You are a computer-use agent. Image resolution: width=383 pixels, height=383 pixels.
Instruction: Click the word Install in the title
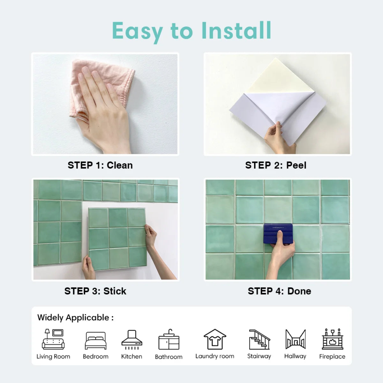tap(236, 31)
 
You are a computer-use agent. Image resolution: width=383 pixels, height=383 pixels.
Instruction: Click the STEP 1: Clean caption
tap(100, 165)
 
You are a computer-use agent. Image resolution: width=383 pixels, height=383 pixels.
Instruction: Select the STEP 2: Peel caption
tap(276, 165)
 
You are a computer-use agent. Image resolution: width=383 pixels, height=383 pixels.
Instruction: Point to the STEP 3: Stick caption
tap(95, 291)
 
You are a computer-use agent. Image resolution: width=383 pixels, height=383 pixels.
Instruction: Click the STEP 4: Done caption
tap(279, 291)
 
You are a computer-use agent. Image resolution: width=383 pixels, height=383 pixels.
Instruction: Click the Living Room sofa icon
tap(53, 339)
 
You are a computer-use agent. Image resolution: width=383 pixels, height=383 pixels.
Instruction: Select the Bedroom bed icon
tap(95, 341)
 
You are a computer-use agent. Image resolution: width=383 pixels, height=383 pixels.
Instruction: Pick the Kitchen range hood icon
tap(131, 340)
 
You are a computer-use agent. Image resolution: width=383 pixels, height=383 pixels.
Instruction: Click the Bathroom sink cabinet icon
tap(169, 340)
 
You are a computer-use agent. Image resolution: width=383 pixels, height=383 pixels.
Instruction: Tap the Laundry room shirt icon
tap(215, 339)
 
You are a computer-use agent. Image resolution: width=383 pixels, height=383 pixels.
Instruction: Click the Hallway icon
tap(295, 339)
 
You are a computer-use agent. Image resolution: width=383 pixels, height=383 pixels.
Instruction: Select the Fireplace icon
tap(332, 339)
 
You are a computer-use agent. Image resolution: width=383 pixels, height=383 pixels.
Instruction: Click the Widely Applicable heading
tap(75, 318)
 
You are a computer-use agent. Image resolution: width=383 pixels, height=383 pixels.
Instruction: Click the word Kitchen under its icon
tap(131, 357)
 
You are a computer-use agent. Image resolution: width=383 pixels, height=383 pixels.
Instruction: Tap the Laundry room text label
tap(215, 356)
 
